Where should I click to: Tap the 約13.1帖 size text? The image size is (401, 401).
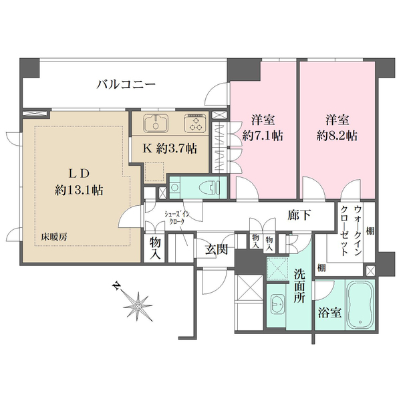pos(78,190)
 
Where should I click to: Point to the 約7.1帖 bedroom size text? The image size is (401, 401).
pos(264,135)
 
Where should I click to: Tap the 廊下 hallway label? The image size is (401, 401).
pos(300,217)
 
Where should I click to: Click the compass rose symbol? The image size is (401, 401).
pos(139,306)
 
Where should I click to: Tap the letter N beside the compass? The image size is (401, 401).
pos(116,287)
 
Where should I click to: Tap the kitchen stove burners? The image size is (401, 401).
pos(196,123)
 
